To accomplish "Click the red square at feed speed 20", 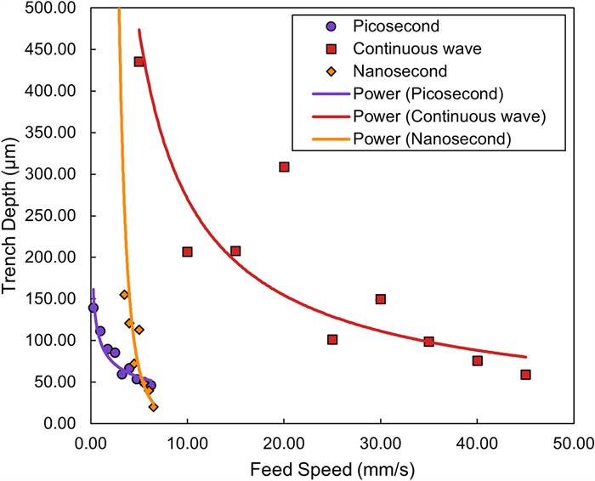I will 284,167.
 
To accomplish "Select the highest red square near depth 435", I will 139,62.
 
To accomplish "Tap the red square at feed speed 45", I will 525,375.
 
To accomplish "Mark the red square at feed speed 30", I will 381,299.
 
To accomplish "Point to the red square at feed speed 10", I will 187,252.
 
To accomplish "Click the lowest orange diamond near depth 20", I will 153,407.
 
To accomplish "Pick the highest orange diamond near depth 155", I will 124,295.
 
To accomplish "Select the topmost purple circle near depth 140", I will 93,308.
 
